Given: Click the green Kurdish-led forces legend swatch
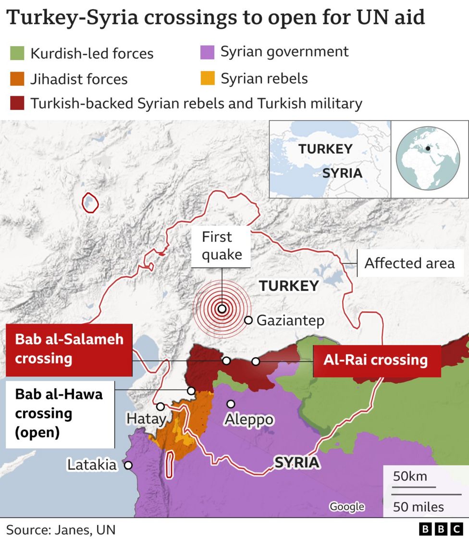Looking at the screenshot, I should (x=17, y=53).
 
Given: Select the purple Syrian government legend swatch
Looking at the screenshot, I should (x=207, y=51).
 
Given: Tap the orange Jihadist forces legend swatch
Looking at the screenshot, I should (x=17, y=79).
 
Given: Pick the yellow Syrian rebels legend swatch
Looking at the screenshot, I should (x=207, y=78).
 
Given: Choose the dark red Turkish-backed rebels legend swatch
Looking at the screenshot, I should (x=17, y=103).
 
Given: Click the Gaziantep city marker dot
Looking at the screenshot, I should (x=248, y=320).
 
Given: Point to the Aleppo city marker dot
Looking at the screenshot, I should (x=231, y=403).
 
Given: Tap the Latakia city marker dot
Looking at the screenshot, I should (x=128, y=465).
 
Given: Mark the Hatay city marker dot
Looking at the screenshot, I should (x=160, y=407).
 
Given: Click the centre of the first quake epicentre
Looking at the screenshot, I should (x=222, y=309).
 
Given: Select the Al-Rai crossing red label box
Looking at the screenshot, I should (x=377, y=360).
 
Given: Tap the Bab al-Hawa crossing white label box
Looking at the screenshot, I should (x=60, y=414).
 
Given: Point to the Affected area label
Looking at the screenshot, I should (x=409, y=263).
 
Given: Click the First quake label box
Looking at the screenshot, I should (x=221, y=246).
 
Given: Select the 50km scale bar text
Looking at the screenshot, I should (x=410, y=477).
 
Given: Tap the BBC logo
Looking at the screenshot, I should (x=441, y=529).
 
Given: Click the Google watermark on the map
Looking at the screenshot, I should (x=346, y=506).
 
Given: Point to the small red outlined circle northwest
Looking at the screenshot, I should (x=90, y=203).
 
